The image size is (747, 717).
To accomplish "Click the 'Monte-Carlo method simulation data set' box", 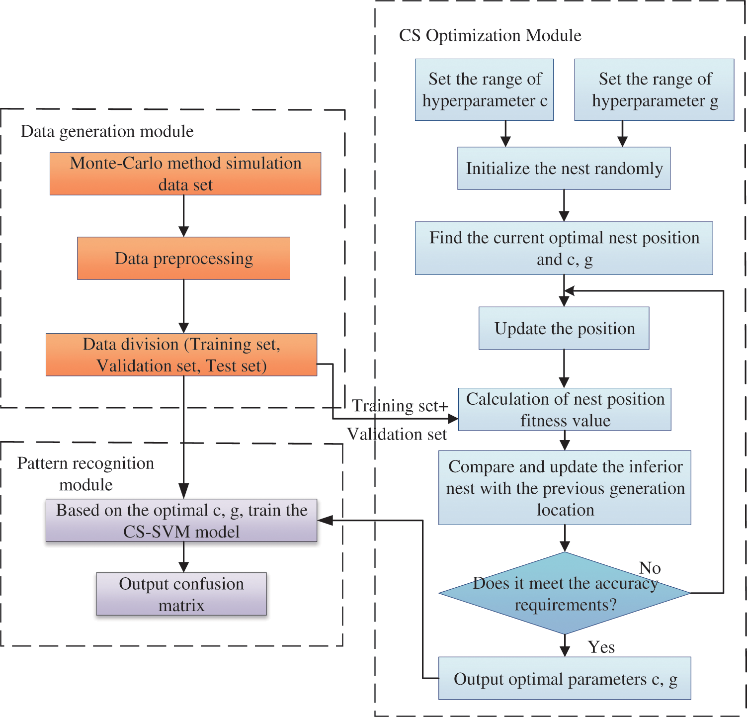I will point(185,174).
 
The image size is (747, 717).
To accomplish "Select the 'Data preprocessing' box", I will point(183,258).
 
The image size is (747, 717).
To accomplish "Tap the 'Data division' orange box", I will point(181,355).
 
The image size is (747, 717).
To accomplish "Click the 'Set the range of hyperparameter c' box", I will point(484,90).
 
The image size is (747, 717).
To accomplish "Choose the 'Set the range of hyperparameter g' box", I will point(654,90).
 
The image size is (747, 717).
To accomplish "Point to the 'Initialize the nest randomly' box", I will point(564,168).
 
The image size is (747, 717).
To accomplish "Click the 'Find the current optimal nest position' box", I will point(564,248).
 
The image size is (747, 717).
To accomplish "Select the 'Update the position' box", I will point(564,328).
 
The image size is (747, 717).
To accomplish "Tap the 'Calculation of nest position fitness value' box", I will point(565,409).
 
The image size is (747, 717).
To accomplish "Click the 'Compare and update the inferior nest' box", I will point(565,488).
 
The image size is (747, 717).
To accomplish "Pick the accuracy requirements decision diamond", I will point(565,593).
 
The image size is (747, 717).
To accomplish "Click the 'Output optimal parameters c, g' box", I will point(565,679).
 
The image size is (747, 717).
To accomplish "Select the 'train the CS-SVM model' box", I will point(181,521).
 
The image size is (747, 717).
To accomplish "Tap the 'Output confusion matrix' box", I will point(181,594).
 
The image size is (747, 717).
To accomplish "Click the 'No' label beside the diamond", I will point(650,568).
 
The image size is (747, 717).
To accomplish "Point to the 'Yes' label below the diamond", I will point(601,647).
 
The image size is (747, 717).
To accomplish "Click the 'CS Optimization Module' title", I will point(490,35).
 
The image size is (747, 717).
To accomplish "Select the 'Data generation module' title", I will point(107,131).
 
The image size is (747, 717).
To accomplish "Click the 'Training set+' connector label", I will point(400,406).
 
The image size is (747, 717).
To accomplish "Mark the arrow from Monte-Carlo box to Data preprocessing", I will point(184,216).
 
